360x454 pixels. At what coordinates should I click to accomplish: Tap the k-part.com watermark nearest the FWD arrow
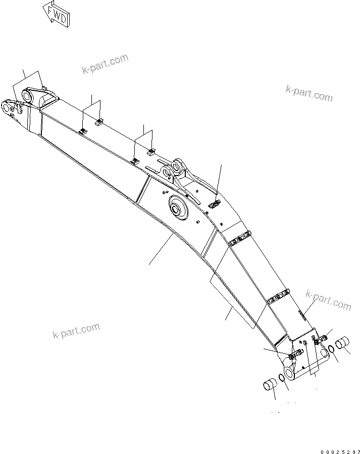(105, 64)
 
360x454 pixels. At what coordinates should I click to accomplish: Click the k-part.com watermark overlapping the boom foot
(328, 301)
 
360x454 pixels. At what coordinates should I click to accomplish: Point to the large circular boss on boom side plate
(178, 207)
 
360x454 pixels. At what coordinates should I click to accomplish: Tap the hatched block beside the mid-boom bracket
(214, 204)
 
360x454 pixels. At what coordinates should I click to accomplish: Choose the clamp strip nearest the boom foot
(277, 297)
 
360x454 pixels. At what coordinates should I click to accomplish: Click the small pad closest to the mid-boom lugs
(150, 151)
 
